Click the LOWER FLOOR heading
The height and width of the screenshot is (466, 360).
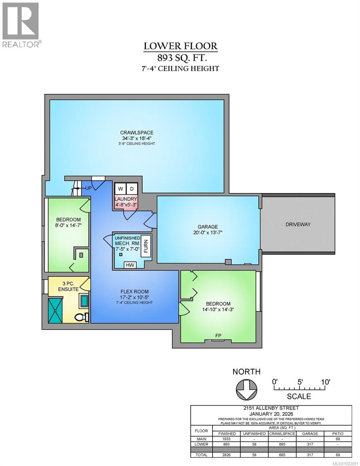pyautogui.click(x=181, y=46)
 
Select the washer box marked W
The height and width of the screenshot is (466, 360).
pyautogui.click(x=120, y=189)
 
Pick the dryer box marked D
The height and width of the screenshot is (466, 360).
pyautogui.click(x=132, y=189)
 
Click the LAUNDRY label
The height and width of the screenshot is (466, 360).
pyautogui.click(x=125, y=199)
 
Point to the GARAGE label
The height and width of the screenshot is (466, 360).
pyautogui.click(x=207, y=227)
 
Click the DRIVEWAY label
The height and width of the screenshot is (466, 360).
pyautogui.click(x=298, y=224)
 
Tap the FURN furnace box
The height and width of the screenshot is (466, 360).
pyautogui.click(x=146, y=245)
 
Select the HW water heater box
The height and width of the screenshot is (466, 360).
pyautogui.click(x=129, y=265)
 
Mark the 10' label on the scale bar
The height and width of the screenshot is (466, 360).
pyautogui.click(x=325, y=381)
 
